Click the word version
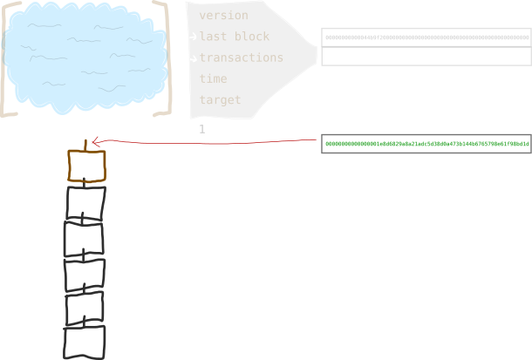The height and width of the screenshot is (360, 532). tap(223, 16)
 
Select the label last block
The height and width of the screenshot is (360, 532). tap(235, 37)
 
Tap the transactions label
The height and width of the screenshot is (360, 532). tap(242, 58)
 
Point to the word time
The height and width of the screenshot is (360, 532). tap(213, 78)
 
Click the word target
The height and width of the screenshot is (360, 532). tap(220, 100)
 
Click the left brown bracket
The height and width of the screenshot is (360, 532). tap(8, 59)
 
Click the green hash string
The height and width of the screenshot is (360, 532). tap(426, 144)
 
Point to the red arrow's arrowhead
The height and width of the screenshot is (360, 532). tap(94, 140)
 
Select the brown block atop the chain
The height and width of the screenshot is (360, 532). tap(86, 166)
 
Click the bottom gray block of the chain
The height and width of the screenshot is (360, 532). tap(85, 341)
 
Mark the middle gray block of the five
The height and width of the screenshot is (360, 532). tap(85, 274)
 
